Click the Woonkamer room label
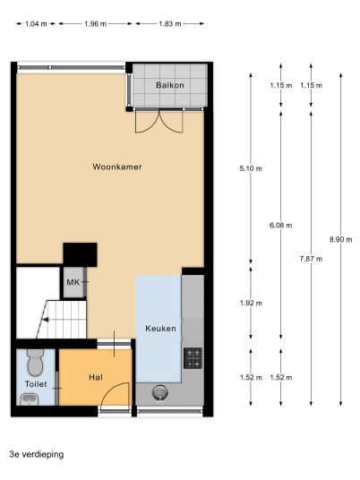(x=117, y=167)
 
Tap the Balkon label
(x=170, y=85)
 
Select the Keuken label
(x=160, y=329)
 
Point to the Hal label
(x=96, y=377)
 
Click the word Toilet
(x=36, y=384)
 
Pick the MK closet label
(x=73, y=282)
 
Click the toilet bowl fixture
(x=35, y=363)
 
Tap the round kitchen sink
(x=159, y=392)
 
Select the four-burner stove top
(x=193, y=358)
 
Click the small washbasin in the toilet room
(x=30, y=399)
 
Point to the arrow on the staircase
(x=45, y=320)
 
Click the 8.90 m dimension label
(x=340, y=240)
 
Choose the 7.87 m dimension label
(x=311, y=259)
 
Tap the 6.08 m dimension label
(x=280, y=226)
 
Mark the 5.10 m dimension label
(x=251, y=168)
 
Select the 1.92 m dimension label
(x=251, y=303)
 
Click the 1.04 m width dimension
(x=36, y=24)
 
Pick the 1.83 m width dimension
(x=170, y=24)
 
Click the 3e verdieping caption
(x=37, y=454)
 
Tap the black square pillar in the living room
(x=81, y=254)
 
